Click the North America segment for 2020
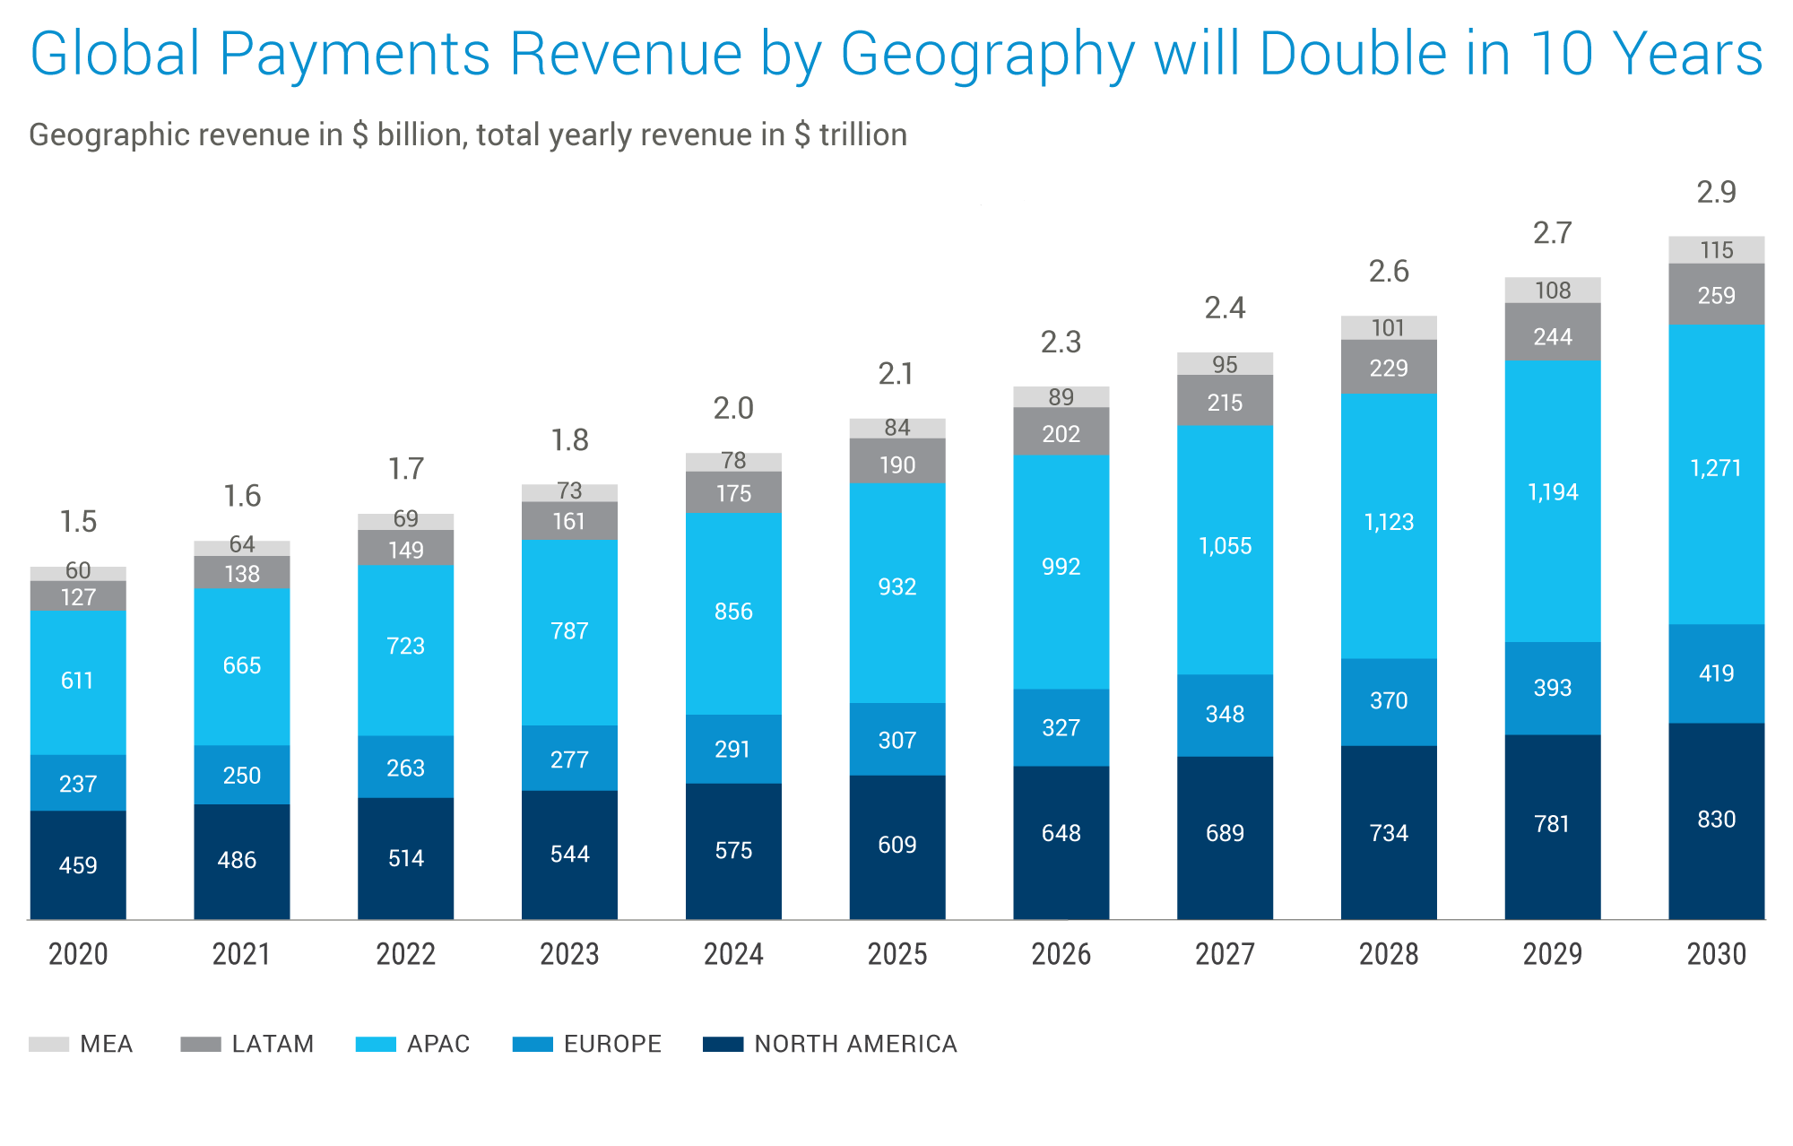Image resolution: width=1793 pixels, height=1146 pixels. coord(78,864)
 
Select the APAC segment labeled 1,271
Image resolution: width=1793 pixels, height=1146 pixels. coord(1716,473)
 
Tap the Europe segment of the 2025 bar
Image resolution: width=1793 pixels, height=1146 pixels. coord(896,739)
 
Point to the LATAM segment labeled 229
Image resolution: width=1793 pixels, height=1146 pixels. coord(1389,368)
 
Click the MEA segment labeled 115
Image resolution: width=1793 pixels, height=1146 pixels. coord(1716,250)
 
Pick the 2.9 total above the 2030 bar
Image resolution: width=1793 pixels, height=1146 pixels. coord(1716,192)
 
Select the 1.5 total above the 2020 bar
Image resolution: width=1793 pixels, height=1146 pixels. coord(78,521)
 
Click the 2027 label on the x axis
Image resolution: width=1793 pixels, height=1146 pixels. coord(1225,954)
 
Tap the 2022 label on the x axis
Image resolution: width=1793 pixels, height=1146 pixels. coord(405,954)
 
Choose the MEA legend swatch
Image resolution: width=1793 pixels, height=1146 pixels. coord(48,1044)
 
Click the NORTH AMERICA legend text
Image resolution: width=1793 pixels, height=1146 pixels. coord(855,1044)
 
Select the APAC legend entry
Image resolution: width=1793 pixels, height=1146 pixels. coord(412,1044)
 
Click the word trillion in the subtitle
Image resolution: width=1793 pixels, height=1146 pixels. coord(862,135)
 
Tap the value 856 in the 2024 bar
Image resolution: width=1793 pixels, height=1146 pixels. coord(733,612)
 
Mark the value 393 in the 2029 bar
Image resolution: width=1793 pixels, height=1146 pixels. coord(1552,688)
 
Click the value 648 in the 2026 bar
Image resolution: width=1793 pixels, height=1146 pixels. coord(1061,833)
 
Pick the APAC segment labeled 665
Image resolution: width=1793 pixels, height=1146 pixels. coord(241,665)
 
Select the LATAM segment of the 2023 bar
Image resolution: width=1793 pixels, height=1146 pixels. coord(569,521)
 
